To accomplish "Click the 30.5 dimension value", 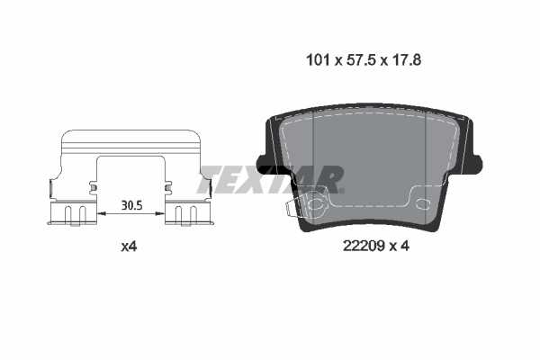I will (x=132, y=204).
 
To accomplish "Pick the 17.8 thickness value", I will (x=405, y=62).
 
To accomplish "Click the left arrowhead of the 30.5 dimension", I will (x=100, y=214).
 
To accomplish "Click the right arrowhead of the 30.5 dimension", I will (x=163, y=214).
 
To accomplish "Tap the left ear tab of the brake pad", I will (x=263, y=163).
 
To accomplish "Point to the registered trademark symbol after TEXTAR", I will (x=341, y=190).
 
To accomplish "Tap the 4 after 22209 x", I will (x=406, y=245).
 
